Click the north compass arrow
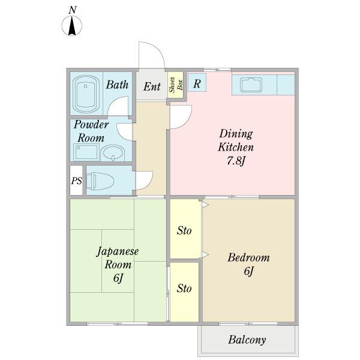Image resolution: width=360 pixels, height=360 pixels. tap(72, 26)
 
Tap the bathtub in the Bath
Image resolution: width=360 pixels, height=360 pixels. tap(86, 94)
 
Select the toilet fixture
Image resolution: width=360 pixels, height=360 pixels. tap(100, 181)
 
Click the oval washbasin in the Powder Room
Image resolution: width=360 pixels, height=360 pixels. tap(113, 152)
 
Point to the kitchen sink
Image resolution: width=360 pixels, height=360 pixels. tap(251, 85)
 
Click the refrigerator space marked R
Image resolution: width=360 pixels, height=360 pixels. tap(197, 83)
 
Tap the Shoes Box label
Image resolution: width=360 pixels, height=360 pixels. tap(176, 85)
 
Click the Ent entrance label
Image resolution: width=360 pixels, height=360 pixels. tap(152, 87)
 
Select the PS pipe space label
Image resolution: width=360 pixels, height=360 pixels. tap(76, 181)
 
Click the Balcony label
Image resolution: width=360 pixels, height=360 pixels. tap(247, 340)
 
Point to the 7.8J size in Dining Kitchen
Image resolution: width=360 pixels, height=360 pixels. tap(236, 161)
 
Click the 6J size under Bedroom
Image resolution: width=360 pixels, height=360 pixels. tap(248, 271)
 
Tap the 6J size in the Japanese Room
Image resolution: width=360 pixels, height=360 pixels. tap(118, 278)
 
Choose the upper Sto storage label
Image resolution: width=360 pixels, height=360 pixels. tap(184, 231)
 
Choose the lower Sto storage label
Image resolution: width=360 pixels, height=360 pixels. tap(184, 289)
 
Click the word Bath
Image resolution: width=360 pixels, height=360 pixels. tap(117, 85)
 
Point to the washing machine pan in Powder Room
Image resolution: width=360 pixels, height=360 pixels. tap(86, 152)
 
